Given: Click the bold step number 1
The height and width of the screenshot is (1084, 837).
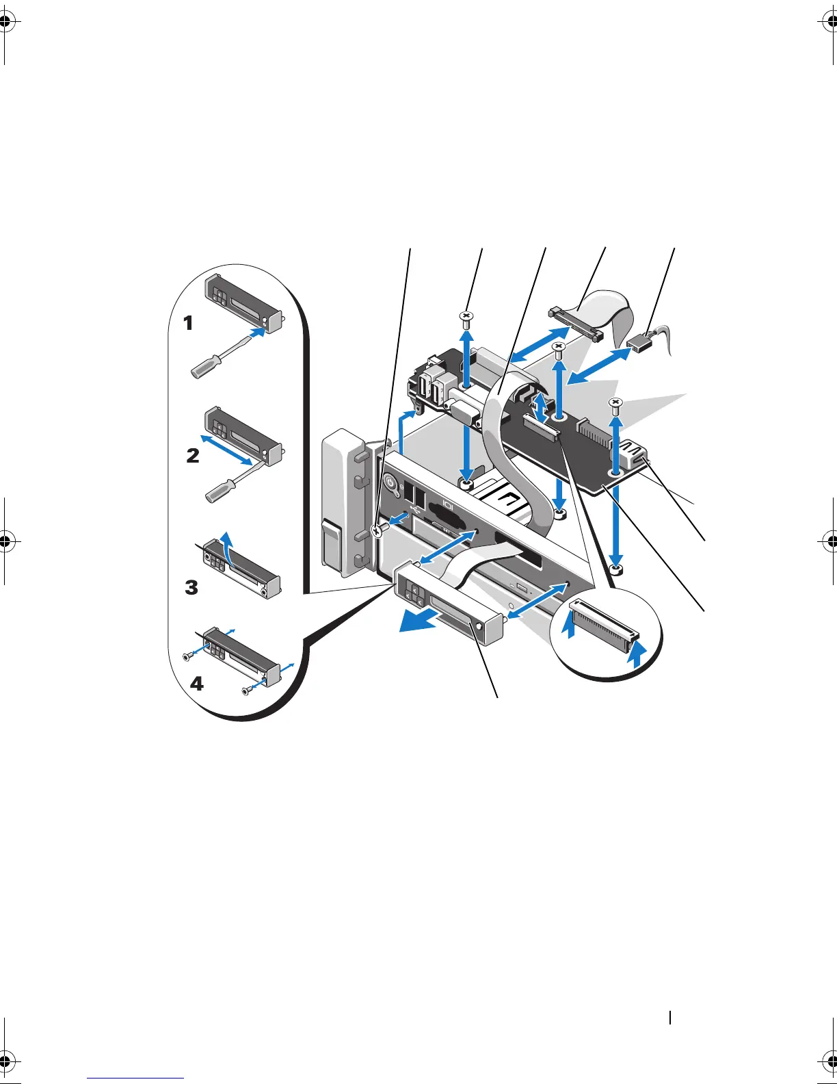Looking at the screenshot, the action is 189,323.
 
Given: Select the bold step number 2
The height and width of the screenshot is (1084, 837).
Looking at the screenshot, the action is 194,455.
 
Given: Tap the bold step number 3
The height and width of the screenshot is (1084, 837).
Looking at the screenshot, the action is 191,587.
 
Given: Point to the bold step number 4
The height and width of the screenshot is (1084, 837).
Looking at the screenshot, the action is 197,683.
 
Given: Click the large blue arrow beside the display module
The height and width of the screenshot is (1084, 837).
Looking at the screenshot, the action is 423,621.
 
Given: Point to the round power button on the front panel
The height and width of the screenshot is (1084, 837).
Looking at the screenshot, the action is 391,482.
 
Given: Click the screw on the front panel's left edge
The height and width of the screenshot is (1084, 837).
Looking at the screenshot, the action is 376,530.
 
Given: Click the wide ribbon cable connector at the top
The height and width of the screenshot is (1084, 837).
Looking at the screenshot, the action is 574,324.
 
